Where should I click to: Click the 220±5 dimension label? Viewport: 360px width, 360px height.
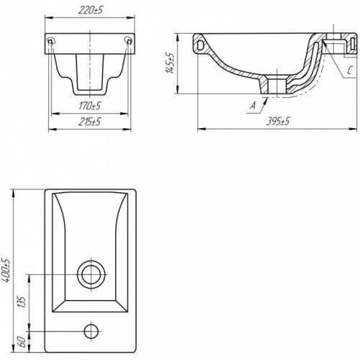(90, 10)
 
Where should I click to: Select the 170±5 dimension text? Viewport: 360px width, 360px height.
(90, 106)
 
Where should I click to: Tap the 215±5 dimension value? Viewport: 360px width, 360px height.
(89, 122)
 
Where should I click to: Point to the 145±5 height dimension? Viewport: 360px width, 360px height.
(171, 63)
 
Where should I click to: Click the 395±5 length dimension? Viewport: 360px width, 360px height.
(278, 122)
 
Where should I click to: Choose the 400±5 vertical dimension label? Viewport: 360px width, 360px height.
(6, 270)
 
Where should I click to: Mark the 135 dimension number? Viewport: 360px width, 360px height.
(21, 302)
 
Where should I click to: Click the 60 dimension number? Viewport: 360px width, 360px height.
(21, 341)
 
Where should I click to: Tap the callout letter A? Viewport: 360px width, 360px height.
(253, 105)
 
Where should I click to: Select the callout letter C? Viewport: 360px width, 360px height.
(350, 71)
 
